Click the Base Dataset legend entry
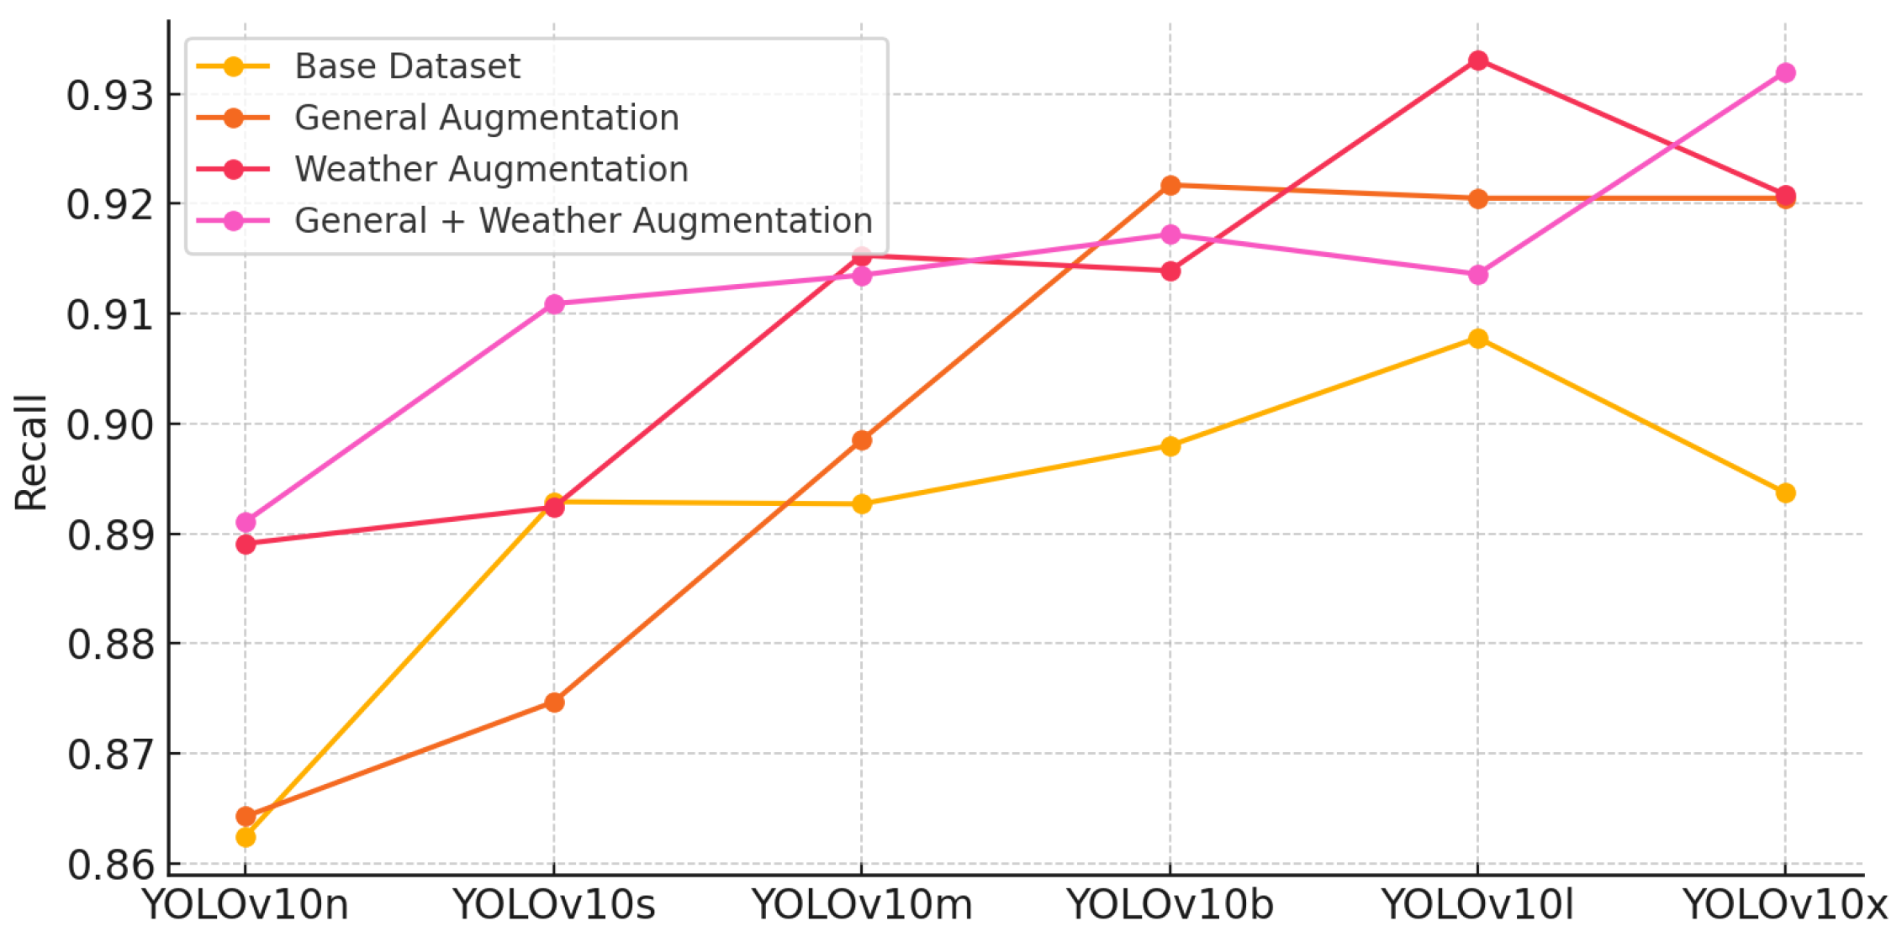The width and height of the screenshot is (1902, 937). pos(407,66)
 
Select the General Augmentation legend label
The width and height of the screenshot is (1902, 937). pos(486,118)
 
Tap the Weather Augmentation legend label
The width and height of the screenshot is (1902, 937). pos(491,169)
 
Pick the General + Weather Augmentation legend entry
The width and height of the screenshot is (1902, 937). pos(583,220)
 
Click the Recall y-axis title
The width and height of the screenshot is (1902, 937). pos(31,452)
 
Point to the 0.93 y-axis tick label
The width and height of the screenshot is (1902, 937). pos(110,95)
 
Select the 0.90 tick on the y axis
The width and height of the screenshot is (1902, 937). pos(110,424)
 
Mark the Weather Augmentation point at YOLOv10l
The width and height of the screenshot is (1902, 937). pos(1478,61)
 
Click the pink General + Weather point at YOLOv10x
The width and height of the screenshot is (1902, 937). pos(1786,73)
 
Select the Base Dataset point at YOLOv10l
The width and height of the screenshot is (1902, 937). pos(1478,339)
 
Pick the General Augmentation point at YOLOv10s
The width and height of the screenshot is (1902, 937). pos(554,702)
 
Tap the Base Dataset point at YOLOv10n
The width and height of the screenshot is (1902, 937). pos(246,837)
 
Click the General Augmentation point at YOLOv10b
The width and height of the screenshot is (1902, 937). pos(1170,185)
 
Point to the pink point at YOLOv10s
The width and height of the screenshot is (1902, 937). pos(554,304)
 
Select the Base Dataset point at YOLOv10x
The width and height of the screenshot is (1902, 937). pos(1786,493)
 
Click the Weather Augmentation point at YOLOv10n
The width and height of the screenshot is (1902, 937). pos(246,545)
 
